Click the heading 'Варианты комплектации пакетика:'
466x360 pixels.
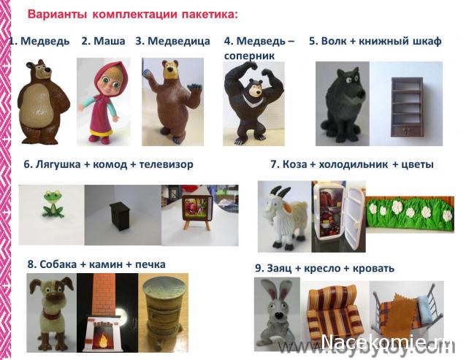132,14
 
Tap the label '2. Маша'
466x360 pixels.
103,41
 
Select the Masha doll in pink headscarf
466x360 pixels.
104,100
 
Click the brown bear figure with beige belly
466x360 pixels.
42,102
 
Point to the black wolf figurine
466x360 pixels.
342,104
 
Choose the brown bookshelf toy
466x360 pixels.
407,104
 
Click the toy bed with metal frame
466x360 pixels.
404,310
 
